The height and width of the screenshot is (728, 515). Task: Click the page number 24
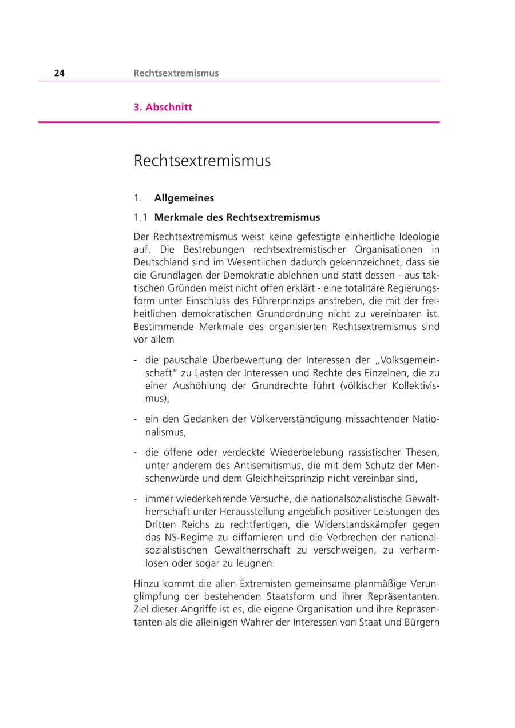pos(59,73)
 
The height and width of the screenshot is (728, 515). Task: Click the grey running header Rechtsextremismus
pos(176,73)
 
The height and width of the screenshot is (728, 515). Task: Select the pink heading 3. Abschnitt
pos(163,107)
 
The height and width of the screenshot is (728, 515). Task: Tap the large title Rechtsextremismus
pos(202,161)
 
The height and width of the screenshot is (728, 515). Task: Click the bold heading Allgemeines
pos(184,198)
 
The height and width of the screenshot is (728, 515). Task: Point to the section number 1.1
pos(140,217)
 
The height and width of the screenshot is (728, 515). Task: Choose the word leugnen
pos(255,563)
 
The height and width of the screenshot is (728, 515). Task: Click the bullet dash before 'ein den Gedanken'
pos(136,420)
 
